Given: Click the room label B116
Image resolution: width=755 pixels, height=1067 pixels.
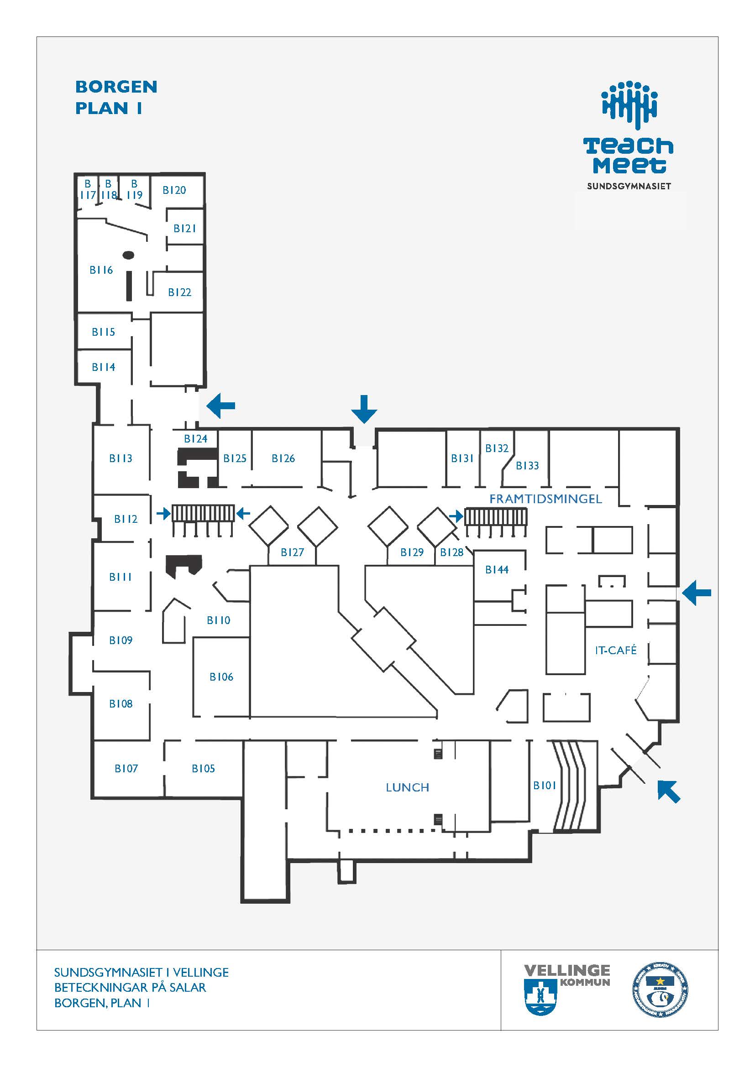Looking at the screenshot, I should tap(101, 270).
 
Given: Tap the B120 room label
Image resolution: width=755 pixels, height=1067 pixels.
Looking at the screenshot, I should tap(174, 190).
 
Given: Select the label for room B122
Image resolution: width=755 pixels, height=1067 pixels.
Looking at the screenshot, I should tap(179, 292).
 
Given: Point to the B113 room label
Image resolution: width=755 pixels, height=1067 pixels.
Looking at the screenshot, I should tap(121, 458).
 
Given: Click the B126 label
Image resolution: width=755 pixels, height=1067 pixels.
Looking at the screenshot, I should tap(283, 458).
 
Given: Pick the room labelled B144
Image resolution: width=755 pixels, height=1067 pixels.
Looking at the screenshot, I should tap(497, 569).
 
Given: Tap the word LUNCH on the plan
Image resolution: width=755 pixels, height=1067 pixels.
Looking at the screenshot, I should tap(407, 787).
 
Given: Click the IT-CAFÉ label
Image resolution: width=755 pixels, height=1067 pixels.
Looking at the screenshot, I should tap(615, 650).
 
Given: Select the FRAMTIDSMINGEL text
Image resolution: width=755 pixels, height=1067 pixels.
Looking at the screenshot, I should tap(545, 499).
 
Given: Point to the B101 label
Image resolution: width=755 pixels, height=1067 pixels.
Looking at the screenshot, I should tap(545, 785).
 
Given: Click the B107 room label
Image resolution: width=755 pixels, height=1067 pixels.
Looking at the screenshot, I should tap(126, 768).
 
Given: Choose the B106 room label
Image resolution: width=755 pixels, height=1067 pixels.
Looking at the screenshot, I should tap(221, 677).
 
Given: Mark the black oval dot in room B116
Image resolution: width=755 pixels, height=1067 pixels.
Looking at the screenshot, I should tap(128, 255).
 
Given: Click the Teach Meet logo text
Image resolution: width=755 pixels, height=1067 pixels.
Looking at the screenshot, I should tap(629, 156).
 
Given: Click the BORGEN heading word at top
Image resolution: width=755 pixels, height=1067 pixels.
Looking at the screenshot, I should tap(116, 87).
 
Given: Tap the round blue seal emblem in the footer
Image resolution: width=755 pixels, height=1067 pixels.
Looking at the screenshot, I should tap(660, 990).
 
